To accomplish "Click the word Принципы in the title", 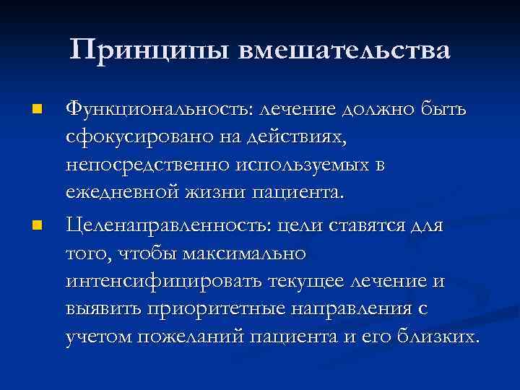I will [153, 50].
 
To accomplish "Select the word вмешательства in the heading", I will [347, 50].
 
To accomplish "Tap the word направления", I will [351, 309].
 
